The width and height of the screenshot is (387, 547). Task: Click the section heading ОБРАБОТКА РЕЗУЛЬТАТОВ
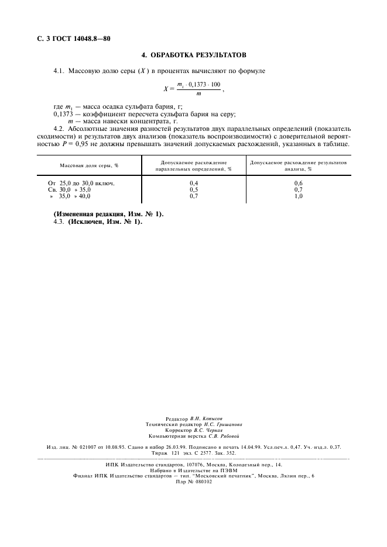pyautogui.click(x=198, y=56)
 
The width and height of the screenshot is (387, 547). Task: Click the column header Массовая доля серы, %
pyautogui.click(x=89, y=165)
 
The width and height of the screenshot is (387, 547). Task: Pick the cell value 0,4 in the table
pyautogui.click(x=194, y=184)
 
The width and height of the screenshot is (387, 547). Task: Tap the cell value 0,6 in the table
pyautogui.click(x=298, y=184)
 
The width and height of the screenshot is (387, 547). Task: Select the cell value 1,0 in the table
pyautogui.click(x=298, y=196)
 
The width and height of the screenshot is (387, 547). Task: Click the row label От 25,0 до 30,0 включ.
pyautogui.click(x=81, y=184)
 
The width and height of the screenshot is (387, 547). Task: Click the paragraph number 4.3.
pyautogui.click(x=59, y=221)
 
